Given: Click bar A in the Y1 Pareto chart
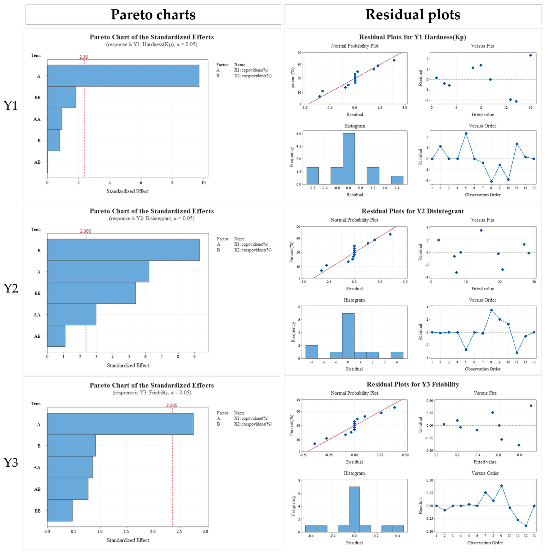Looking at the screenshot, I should click(x=123, y=76).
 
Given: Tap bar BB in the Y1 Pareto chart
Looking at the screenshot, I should click(x=62, y=97).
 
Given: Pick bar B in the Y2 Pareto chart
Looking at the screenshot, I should click(x=123, y=250).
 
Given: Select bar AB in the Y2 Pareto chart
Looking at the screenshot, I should click(x=56, y=336).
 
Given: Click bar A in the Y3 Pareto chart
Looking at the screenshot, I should click(x=120, y=424).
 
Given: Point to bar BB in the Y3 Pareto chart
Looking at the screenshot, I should click(x=60, y=510).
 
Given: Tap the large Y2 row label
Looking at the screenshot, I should click(x=11, y=288).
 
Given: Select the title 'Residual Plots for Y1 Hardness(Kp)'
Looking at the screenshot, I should click(x=412, y=37).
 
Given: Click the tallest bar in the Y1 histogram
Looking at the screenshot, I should click(x=349, y=159).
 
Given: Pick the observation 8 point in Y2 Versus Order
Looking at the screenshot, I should click(x=491, y=310).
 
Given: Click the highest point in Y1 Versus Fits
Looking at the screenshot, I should click(x=530, y=55).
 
